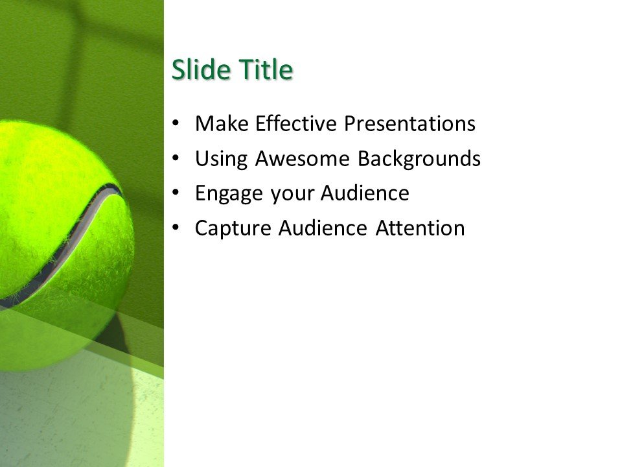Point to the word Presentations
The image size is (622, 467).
click(409, 124)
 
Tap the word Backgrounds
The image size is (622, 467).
click(419, 159)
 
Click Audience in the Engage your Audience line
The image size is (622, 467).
click(363, 193)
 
